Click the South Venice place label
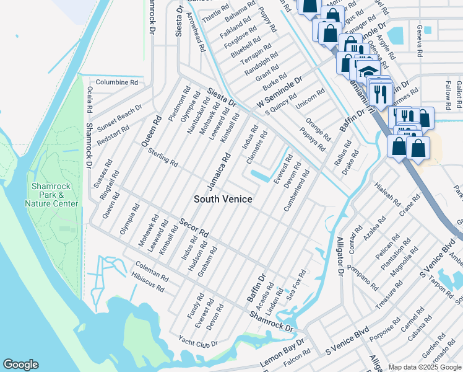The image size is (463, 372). (223, 199)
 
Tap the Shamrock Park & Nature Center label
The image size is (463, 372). (52, 194)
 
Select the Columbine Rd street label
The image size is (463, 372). (116, 82)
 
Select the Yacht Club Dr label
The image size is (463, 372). (198, 342)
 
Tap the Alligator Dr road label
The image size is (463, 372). (339, 255)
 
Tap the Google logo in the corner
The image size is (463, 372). (20, 365)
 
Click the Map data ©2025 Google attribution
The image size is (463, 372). (425, 367)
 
